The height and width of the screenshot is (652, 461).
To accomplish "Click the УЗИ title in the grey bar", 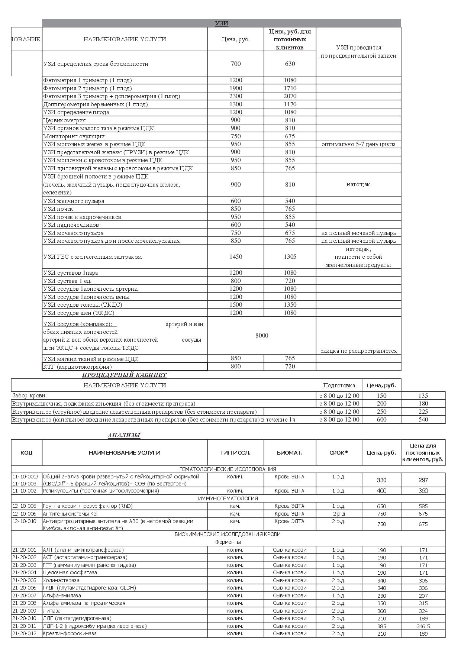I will (222, 23).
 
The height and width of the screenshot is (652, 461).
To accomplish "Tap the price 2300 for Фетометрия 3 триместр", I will (236, 96).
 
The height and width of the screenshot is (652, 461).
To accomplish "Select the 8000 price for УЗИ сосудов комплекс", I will (262, 336).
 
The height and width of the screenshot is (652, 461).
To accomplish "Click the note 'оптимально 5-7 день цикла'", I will (358, 144).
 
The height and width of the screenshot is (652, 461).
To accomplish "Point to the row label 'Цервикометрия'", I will (64, 120).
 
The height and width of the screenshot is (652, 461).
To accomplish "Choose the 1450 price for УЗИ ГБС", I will (236, 257).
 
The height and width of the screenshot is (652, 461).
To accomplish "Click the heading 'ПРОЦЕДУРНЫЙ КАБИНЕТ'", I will (124, 375).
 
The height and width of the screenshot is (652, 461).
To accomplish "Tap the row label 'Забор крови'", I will (29, 396).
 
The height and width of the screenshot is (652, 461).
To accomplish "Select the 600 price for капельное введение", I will (381, 420).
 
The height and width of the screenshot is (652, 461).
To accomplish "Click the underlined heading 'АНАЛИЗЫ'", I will (124, 435).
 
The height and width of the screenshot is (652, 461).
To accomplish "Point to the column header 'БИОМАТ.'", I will (290, 453).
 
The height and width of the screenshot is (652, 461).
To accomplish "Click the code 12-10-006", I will (25, 514).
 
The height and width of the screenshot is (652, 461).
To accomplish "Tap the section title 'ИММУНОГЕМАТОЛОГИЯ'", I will (228, 498).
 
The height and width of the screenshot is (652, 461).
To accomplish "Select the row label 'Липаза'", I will (52, 611).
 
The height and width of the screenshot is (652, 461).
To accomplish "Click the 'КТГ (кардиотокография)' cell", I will (124, 367).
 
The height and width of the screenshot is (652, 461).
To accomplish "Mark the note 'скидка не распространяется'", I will (358, 351).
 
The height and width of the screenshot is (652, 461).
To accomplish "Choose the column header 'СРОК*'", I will (339, 453).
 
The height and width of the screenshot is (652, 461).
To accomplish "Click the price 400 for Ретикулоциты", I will (381, 491).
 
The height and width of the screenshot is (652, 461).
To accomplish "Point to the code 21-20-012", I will (25, 633).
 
